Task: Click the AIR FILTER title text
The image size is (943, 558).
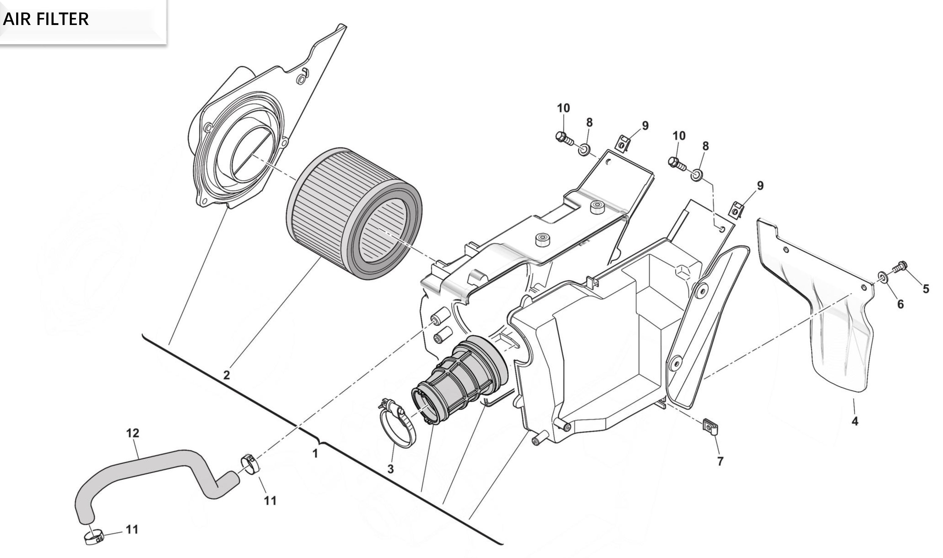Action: coord(46,19)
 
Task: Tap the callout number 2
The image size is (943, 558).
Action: coord(227,375)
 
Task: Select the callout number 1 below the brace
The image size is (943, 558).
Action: coord(315,454)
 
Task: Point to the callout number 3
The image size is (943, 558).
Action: coord(391,469)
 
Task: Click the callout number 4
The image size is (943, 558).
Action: coord(855,421)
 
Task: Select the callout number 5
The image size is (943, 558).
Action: coord(926,289)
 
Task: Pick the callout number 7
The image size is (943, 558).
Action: coord(720,461)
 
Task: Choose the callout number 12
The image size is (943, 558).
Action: coord(132,433)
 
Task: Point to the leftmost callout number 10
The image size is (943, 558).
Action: coord(563,108)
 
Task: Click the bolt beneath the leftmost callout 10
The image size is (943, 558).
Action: coord(564,138)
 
